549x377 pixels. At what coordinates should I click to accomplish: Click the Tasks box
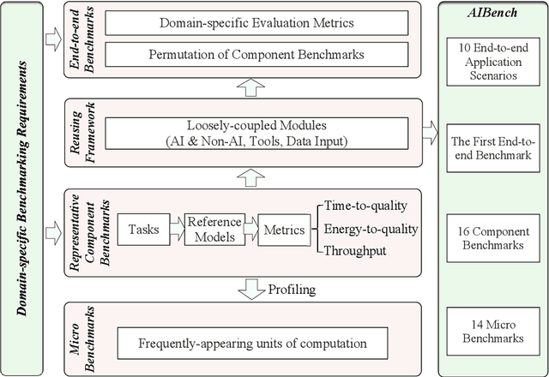coord(143,229)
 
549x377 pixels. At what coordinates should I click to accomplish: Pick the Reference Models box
coord(215,229)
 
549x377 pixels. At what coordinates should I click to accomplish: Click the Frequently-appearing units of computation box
coord(252,343)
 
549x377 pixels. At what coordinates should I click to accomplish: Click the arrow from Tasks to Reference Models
coord(177,229)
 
